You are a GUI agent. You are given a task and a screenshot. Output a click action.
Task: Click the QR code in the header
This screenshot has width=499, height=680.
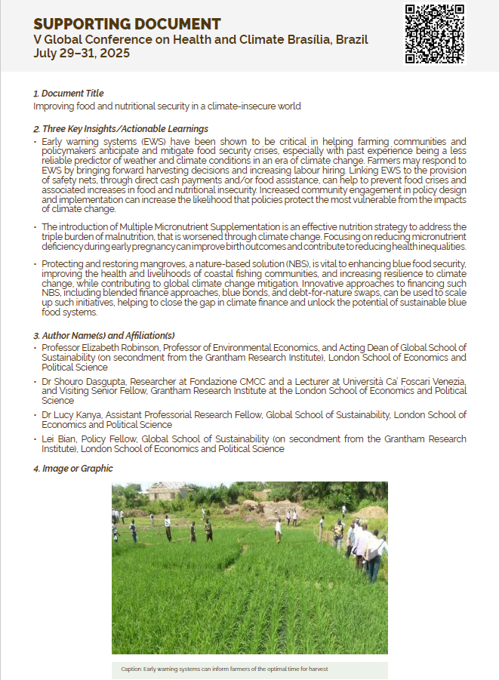click(435, 34)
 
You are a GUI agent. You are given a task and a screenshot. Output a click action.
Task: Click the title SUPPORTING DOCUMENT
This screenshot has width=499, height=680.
click(127, 24)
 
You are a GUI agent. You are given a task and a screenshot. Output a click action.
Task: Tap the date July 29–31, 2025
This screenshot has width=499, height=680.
click(82, 54)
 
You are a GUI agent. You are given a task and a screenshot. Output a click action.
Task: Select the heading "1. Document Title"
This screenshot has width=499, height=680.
click(69, 94)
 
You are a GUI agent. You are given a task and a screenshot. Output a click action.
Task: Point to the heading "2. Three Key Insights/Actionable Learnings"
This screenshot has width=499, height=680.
click(121, 129)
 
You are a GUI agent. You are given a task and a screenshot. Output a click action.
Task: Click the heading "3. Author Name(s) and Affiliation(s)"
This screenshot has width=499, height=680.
click(104, 335)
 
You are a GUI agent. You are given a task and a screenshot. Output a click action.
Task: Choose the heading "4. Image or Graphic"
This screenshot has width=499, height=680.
click(73, 469)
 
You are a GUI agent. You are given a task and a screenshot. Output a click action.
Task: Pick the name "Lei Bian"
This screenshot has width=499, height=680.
click(58, 438)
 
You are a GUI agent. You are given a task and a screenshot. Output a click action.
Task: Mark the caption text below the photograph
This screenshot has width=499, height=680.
click(224, 669)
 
